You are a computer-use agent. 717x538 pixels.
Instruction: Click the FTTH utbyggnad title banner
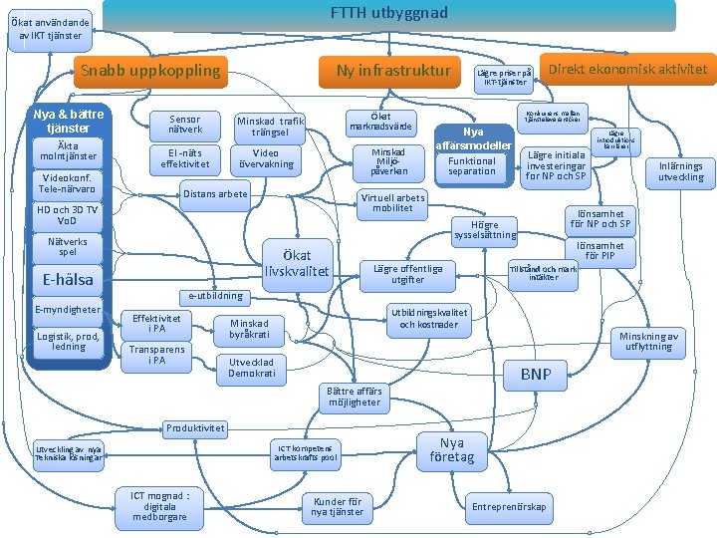click(x=388, y=14)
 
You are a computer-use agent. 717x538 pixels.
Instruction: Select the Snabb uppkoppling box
click(x=150, y=71)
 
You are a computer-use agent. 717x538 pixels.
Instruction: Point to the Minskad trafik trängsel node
click(x=271, y=128)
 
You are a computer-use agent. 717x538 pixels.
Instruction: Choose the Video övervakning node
click(x=266, y=159)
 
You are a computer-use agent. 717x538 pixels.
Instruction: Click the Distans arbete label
click(x=214, y=194)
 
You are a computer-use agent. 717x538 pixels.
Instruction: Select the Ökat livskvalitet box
click(x=298, y=263)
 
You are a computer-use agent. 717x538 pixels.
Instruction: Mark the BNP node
click(x=536, y=376)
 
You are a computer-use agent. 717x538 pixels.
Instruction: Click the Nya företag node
click(x=452, y=449)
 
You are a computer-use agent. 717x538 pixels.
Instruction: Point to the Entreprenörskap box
click(x=509, y=507)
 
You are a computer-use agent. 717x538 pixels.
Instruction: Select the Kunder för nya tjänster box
click(x=338, y=507)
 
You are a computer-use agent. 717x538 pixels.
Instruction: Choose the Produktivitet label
click(x=195, y=428)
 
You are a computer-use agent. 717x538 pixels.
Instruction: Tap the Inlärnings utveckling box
click(x=681, y=171)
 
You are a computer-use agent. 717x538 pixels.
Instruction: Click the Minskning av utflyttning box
click(x=648, y=342)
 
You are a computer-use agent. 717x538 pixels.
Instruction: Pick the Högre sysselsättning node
click(x=484, y=230)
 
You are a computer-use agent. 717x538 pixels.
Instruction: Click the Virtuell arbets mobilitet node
click(x=392, y=203)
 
